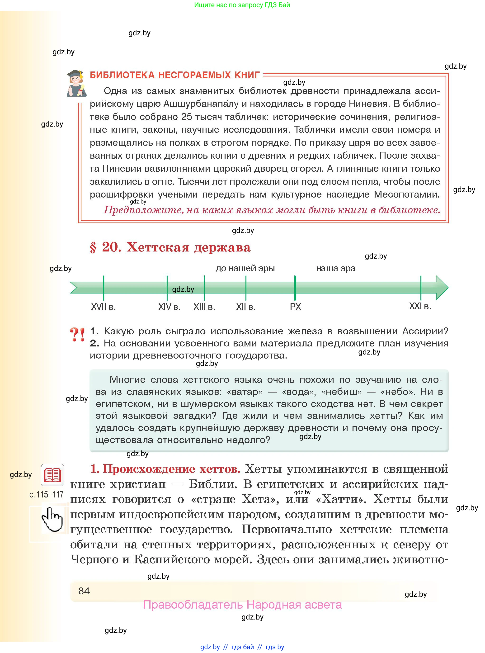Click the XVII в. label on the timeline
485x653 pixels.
coord(103,307)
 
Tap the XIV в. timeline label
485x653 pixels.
coord(169,307)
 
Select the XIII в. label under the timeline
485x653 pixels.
coord(204,307)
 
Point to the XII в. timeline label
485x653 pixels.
coord(245,307)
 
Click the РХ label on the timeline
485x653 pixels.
coord(295,307)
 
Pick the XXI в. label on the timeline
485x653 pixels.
coord(420,306)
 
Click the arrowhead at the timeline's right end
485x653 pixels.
coord(442,288)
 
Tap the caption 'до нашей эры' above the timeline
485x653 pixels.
coord(245,268)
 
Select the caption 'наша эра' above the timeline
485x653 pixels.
coord(336,268)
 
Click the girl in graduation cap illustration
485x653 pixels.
coord(76,83)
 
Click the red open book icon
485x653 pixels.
coord(52,475)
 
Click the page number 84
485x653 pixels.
coord(84,591)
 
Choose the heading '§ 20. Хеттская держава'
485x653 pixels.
coord(170,247)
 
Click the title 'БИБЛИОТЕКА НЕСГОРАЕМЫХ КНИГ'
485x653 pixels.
coord(175,75)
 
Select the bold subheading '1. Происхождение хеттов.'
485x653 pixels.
coord(165,469)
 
